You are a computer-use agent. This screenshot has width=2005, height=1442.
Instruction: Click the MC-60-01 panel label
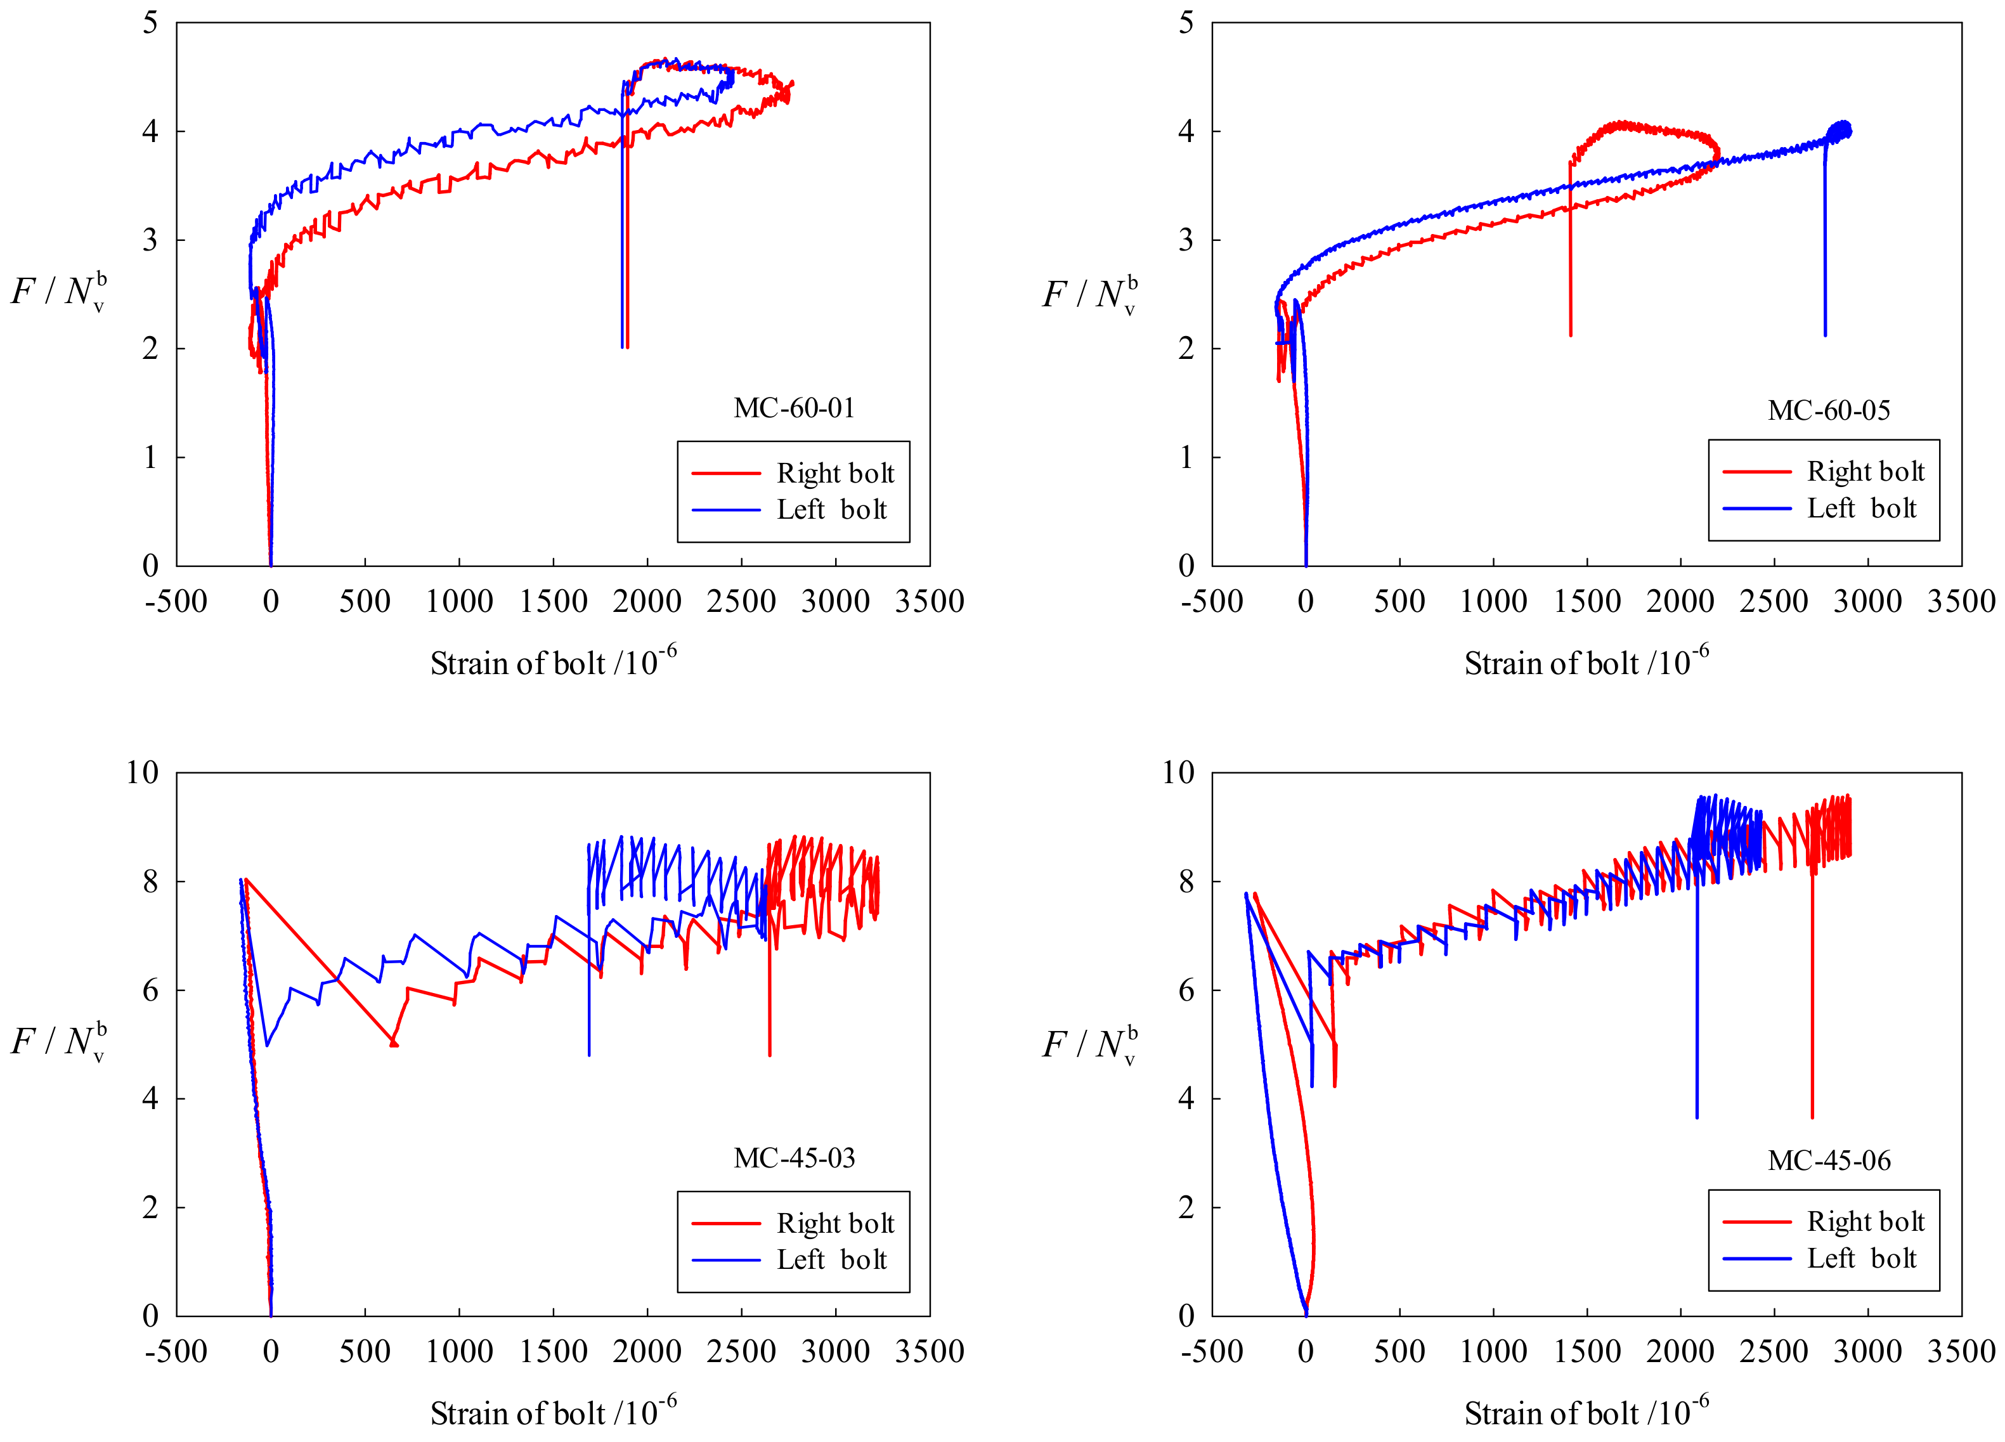[794, 408]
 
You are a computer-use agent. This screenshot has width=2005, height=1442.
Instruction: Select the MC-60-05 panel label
[1828, 411]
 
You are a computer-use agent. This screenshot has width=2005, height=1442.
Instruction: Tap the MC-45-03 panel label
[794, 1158]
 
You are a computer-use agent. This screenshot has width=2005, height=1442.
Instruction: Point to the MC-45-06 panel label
[1828, 1161]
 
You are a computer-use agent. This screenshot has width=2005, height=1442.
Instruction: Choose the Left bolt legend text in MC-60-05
[1861, 509]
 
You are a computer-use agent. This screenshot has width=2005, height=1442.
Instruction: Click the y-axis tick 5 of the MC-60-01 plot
[150, 23]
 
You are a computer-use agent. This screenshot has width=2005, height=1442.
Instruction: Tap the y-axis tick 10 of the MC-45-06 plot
[1178, 773]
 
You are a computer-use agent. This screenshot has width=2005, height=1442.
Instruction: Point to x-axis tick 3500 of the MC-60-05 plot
[1960, 602]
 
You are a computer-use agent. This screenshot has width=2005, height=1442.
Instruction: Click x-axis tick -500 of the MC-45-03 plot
[176, 1352]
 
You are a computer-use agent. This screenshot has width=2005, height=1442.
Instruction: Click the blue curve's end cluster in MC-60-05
[1840, 131]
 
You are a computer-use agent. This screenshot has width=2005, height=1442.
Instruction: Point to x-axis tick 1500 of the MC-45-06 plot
[1587, 1352]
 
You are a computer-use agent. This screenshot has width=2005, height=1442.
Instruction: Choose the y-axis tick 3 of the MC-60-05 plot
[1186, 240]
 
